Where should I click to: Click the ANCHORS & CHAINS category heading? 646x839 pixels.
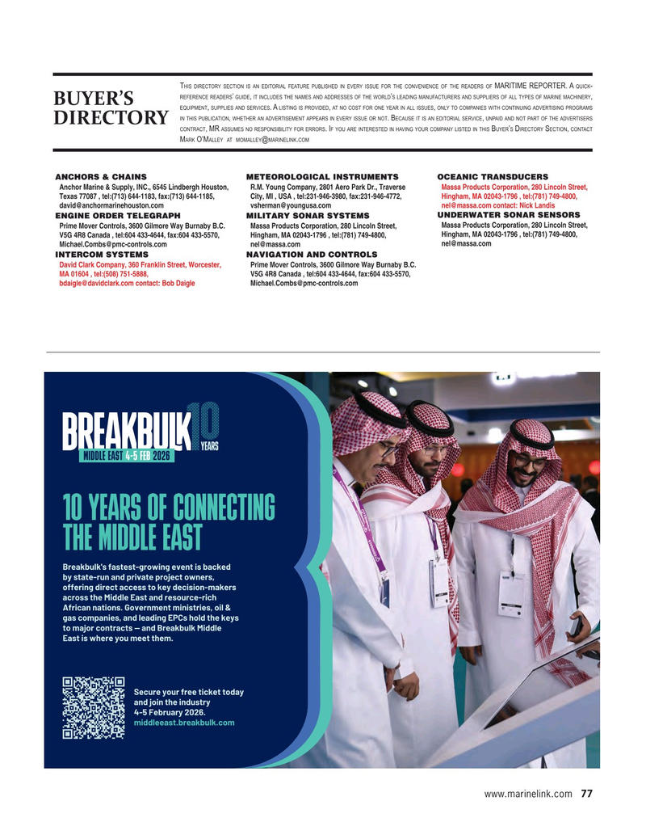[x=101, y=176]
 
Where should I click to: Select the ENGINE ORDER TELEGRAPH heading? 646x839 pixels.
[x=117, y=216]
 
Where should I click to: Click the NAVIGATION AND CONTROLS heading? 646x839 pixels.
[x=312, y=254]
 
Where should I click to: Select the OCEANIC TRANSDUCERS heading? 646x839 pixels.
[x=492, y=176]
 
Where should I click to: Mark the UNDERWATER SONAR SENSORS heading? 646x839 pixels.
[x=508, y=215]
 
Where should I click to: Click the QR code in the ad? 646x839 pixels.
[x=92, y=707]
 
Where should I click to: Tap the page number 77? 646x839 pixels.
[x=586, y=794]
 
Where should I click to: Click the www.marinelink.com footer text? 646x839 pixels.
[x=528, y=794]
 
